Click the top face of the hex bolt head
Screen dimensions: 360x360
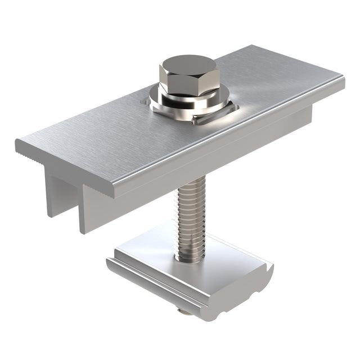189,65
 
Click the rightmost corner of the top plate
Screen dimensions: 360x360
343,79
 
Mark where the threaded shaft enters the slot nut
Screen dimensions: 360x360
190,259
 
